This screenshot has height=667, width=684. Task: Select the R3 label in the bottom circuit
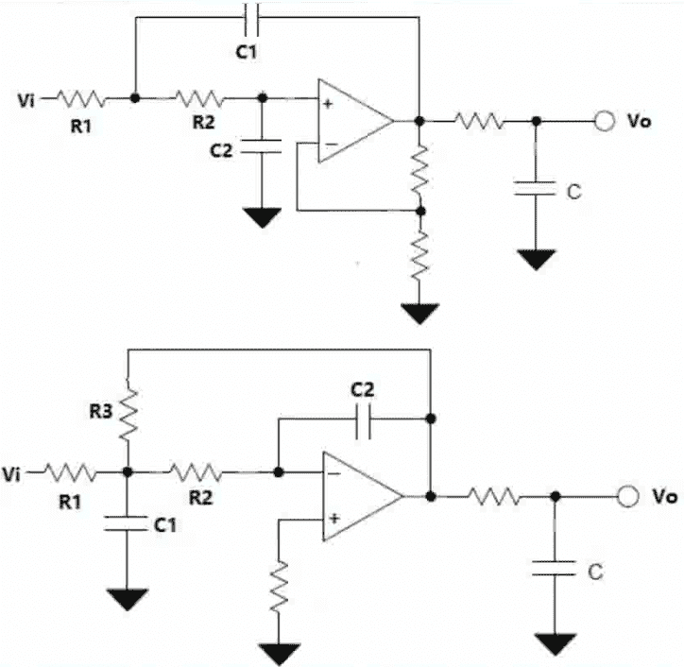click(103, 412)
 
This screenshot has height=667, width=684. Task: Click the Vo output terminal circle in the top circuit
click(604, 121)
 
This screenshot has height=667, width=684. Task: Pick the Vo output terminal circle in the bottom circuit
click(626, 496)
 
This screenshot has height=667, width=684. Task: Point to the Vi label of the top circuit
click(27, 97)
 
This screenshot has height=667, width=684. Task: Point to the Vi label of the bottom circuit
click(15, 470)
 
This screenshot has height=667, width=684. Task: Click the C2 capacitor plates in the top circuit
click(262, 145)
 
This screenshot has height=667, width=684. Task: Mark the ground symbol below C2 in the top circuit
click(262, 217)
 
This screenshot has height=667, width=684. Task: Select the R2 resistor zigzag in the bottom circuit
click(196, 470)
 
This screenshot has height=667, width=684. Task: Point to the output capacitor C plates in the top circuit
click(536, 188)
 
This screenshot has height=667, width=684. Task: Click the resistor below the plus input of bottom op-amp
click(278, 586)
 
